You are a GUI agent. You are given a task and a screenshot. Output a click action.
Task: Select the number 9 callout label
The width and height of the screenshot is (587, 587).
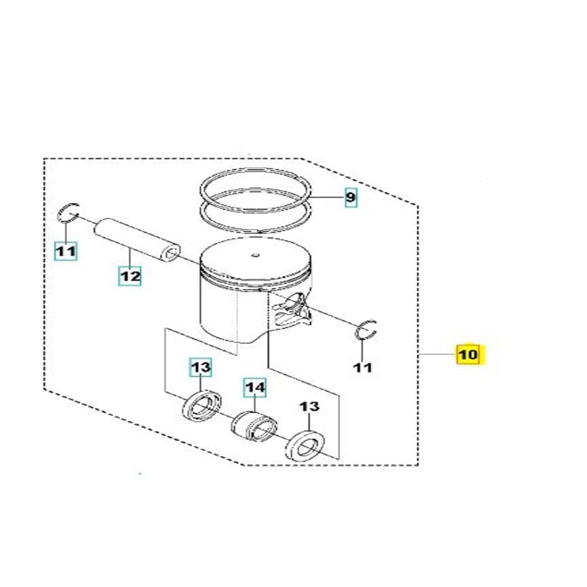tap(350, 198)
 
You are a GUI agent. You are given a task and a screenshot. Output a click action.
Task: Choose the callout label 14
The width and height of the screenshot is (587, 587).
tap(255, 387)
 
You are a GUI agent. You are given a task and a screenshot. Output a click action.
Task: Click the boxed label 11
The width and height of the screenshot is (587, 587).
tap(66, 252)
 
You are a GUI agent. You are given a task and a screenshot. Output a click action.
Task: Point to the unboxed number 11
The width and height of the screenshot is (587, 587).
tap(363, 367)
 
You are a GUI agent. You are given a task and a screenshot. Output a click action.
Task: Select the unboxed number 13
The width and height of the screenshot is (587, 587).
tap(310, 407)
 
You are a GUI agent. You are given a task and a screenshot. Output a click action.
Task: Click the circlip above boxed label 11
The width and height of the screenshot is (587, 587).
tap(68, 212)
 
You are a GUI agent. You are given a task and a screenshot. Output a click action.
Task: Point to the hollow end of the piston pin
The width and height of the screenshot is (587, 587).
tap(171, 254)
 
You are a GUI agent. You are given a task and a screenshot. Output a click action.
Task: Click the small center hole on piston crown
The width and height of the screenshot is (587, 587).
tap(255, 255)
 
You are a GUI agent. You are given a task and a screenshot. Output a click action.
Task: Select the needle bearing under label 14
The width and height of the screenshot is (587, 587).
tap(254, 426)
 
